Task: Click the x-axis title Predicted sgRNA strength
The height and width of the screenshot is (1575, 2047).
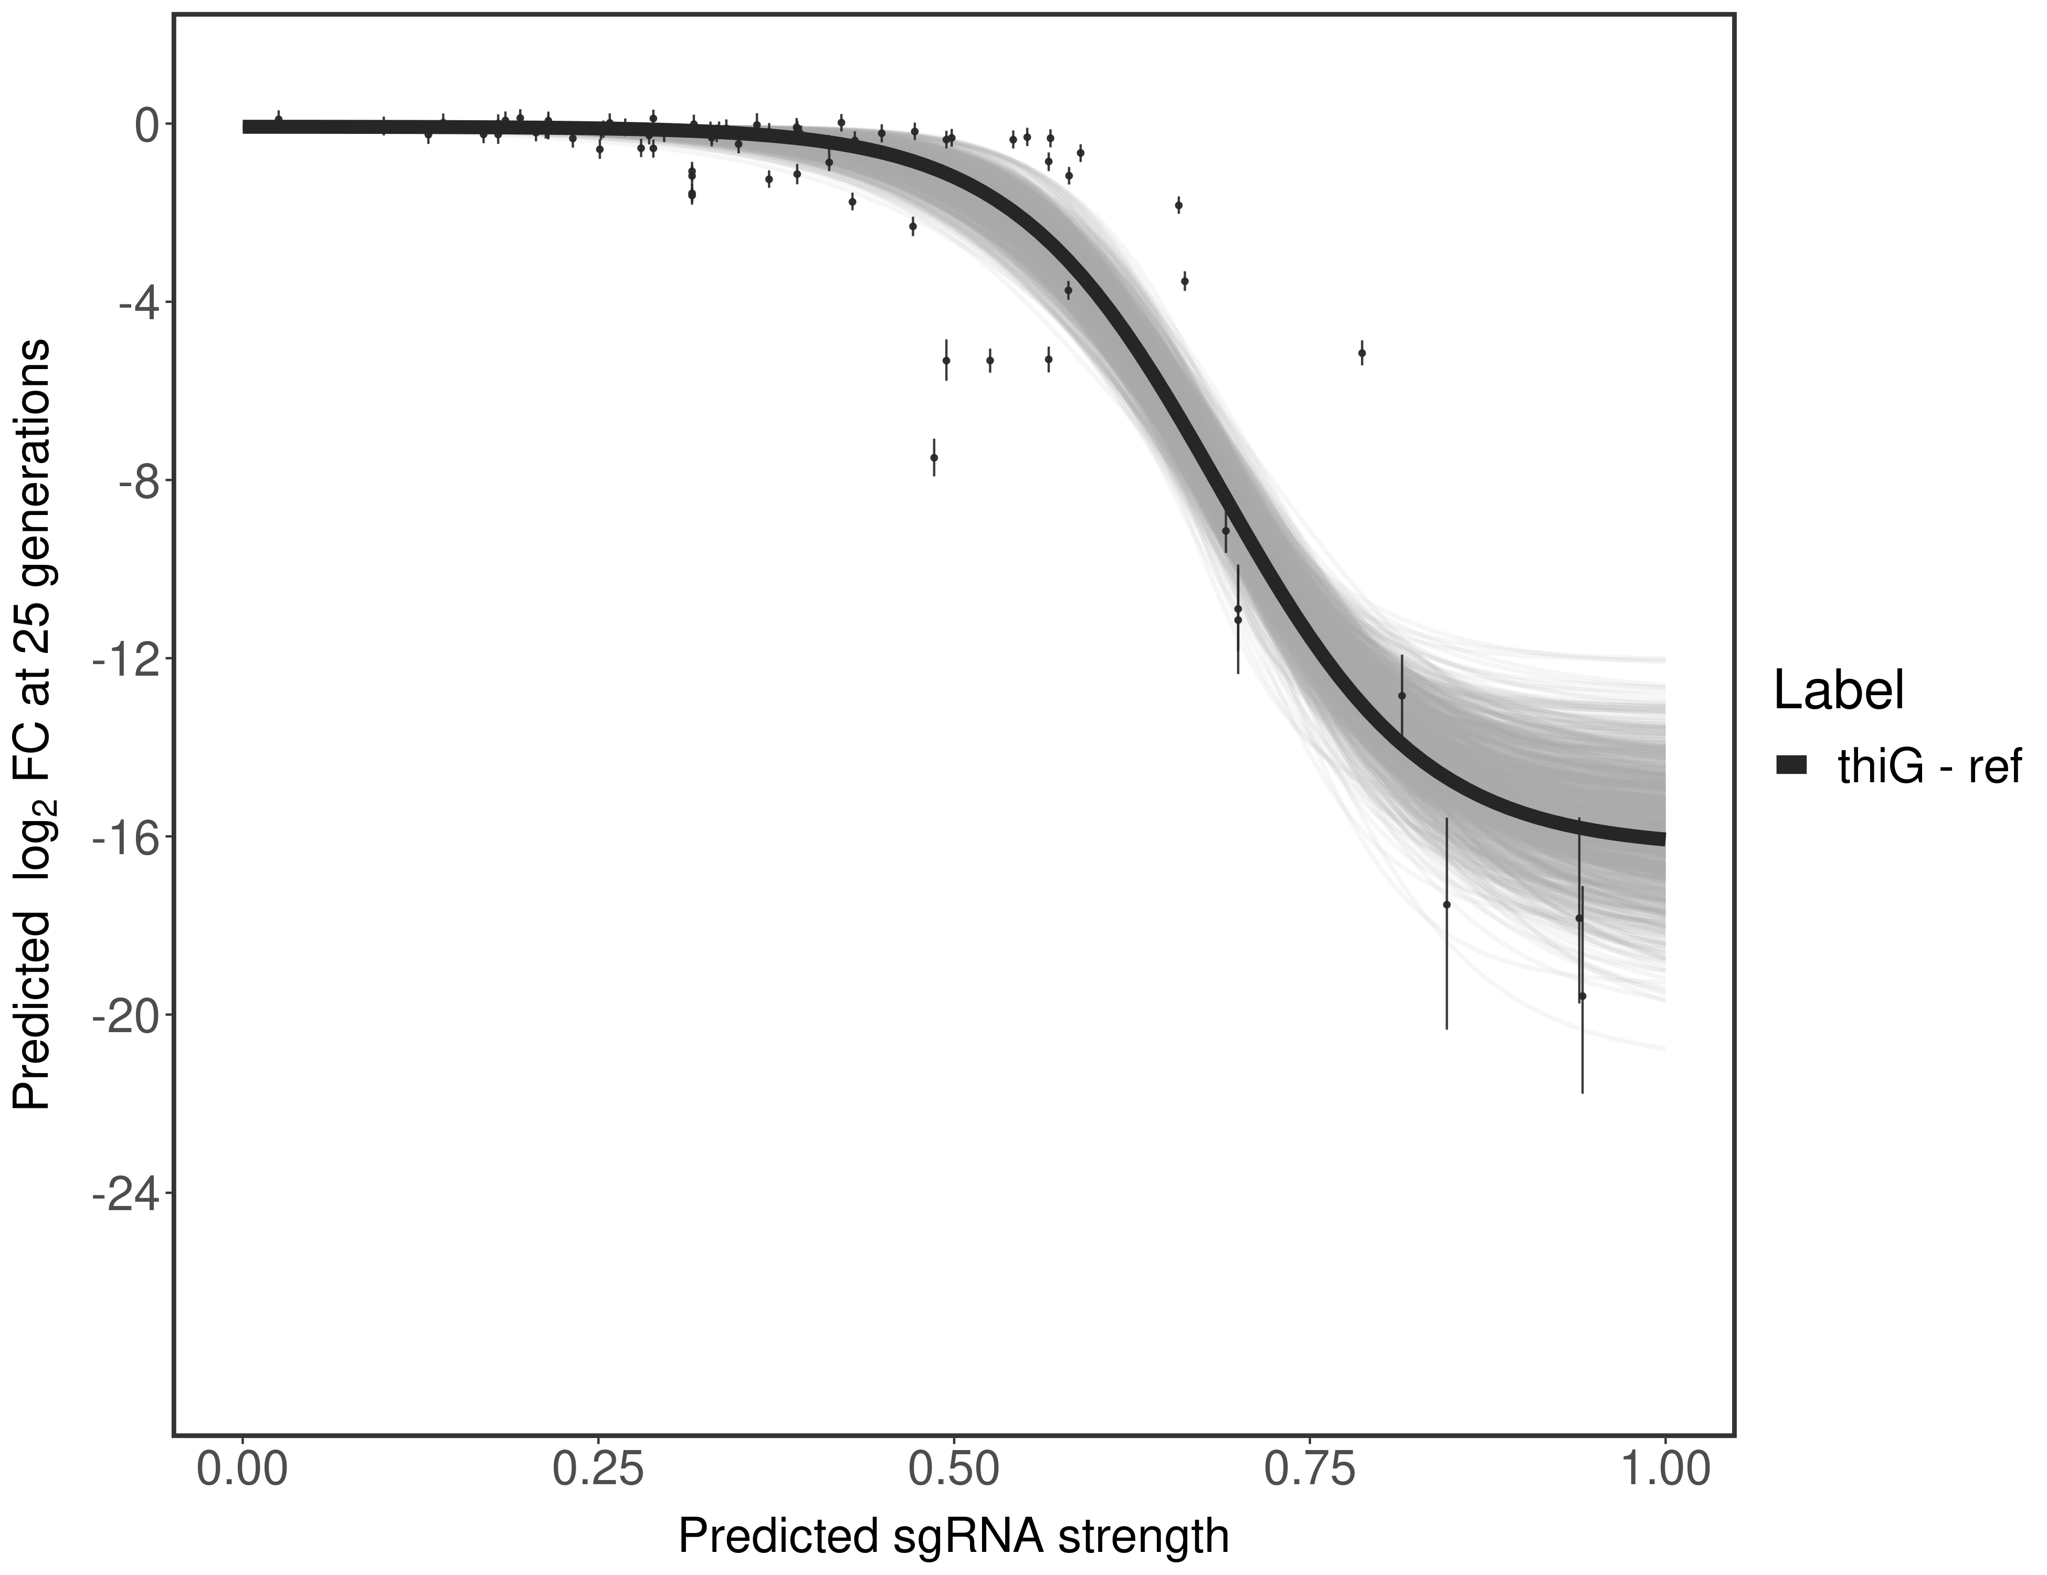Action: (953, 1538)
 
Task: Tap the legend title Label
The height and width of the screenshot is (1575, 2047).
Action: (1838, 691)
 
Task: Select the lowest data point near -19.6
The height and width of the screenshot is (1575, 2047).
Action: (1582, 996)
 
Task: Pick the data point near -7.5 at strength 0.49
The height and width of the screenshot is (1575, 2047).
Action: (934, 457)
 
